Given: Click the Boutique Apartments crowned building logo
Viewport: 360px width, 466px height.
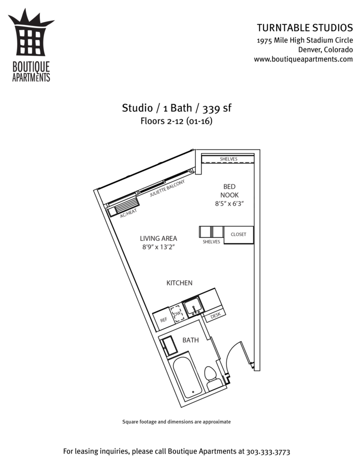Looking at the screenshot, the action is [x=31, y=45].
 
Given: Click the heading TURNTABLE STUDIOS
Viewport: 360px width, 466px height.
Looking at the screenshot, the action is [x=305, y=27].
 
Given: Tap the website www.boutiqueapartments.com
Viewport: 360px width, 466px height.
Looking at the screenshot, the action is [x=303, y=59].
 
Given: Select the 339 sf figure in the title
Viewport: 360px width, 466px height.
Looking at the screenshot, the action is [x=217, y=108].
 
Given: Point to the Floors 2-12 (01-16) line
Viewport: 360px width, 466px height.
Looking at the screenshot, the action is [x=176, y=121].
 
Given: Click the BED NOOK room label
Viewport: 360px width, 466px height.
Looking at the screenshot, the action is [x=229, y=191].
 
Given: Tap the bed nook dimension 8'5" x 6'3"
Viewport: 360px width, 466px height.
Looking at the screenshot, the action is [x=229, y=204].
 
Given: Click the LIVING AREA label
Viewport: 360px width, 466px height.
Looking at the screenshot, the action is [x=159, y=238].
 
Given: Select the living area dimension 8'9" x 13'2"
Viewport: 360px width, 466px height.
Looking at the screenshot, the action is [x=158, y=247].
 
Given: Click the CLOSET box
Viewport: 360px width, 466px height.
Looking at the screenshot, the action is [x=239, y=235].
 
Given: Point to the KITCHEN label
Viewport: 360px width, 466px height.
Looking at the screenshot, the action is [x=179, y=283].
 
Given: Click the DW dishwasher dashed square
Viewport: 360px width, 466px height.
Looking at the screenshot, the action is [x=177, y=314].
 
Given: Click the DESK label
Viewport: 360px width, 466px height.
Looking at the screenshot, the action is [x=215, y=316].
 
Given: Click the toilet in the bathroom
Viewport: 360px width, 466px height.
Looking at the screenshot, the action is [x=212, y=377].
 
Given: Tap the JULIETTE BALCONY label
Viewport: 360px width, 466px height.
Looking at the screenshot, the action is [x=167, y=188].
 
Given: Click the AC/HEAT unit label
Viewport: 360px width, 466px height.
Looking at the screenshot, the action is [x=128, y=213].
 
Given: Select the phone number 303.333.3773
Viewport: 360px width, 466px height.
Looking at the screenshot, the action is [x=268, y=452].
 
